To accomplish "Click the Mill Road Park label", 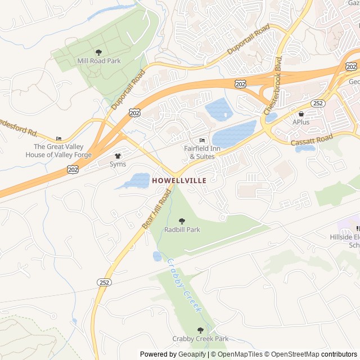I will click(x=99, y=61).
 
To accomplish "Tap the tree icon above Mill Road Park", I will click(x=99, y=52).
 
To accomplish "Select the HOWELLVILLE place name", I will click(x=179, y=181).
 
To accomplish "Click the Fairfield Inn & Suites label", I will click(x=199, y=152).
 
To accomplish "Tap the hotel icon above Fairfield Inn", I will click(x=202, y=141).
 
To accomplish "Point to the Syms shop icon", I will click(x=118, y=156).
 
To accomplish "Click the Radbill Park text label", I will click(x=182, y=229).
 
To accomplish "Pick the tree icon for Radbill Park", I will click(x=182, y=221).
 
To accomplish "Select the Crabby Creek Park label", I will click(x=200, y=339).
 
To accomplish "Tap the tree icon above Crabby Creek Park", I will click(x=200, y=330).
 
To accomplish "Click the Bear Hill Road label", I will click(x=156, y=209).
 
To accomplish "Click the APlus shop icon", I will click(x=301, y=114).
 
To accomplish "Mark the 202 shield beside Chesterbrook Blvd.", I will click(x=241, y=83).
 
